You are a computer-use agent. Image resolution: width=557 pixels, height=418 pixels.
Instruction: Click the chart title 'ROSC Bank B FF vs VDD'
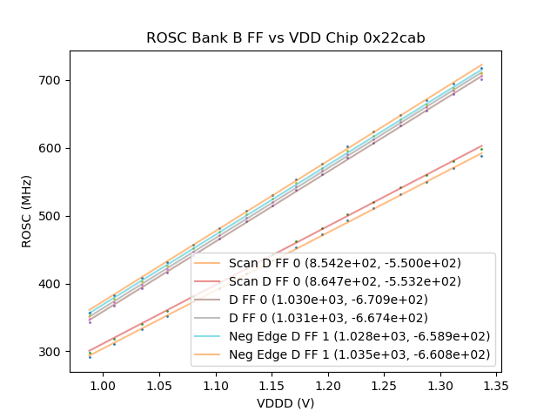coord(285,37)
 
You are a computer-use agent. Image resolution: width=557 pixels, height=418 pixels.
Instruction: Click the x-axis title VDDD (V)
coord(285,403)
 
